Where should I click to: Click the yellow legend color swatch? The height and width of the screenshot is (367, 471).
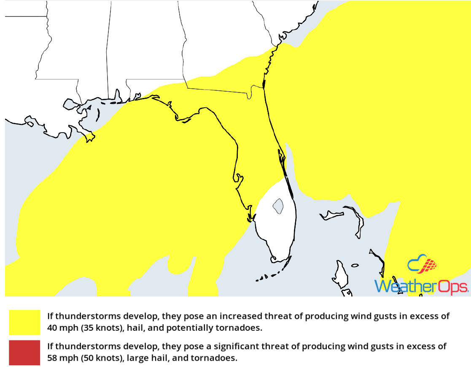pyautogui.click(x=24, y=322)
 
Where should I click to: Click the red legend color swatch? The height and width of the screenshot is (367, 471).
pyautogui.click(x=24, y=353)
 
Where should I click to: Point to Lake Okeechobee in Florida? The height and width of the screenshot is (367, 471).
pyautogui.click(x=277, y=206)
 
